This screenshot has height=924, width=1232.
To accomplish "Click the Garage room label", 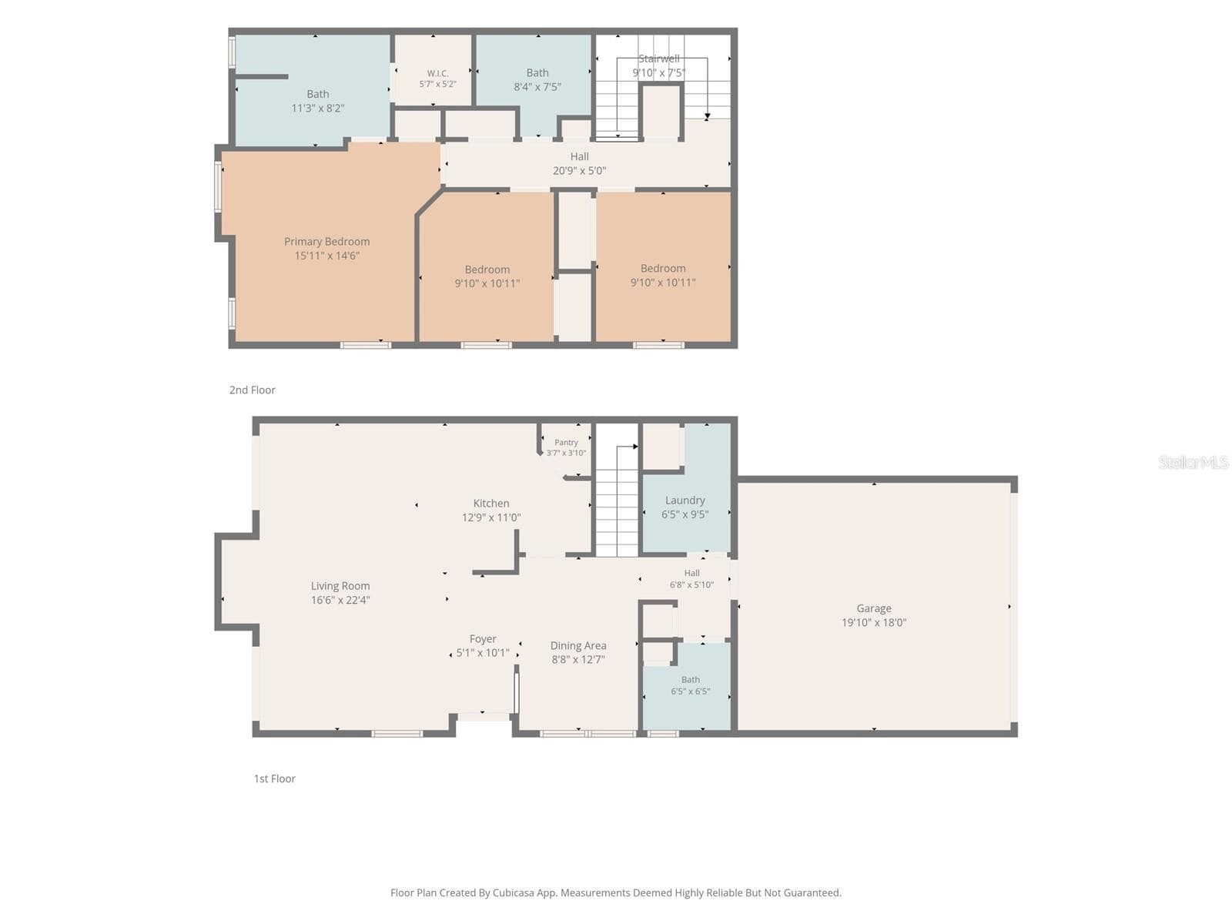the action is (x=873, y=608).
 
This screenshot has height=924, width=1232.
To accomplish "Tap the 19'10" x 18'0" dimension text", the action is (x=873, y=622).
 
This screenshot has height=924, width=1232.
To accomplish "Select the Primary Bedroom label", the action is (x=326, y=241).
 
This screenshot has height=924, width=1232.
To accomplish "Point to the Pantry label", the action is (x=566, y=443).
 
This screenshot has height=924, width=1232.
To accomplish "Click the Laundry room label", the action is (x=685, y=500).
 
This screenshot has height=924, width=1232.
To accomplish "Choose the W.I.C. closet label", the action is (x=437, y=73).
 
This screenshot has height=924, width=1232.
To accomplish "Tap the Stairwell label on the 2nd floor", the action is (x=659, y=59).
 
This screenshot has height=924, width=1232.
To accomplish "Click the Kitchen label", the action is (x=491, y=504).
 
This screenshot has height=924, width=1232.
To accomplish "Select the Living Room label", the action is (x=340, y=586).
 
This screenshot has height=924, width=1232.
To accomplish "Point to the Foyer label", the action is (x=483, y=639).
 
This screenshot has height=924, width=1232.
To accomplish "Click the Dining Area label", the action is (x=578, y=646).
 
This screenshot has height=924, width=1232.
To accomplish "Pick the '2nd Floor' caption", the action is (x=252, y=390).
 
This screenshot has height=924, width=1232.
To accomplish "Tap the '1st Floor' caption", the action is (x=274, y=778).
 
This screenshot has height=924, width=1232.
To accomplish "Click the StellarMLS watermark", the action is (x=1193, y=462).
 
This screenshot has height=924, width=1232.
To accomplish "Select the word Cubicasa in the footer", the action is (x=514, y=892).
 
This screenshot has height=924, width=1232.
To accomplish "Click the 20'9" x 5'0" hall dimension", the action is (x=579, y=170).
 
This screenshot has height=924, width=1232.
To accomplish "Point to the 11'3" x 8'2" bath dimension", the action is (x=318, y=109).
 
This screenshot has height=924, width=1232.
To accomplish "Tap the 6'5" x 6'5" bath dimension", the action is (x=691, y=691).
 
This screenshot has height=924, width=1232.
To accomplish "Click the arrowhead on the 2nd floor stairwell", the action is (x=707, y=117).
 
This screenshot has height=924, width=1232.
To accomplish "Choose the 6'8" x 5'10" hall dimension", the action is (x=691, y=584).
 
